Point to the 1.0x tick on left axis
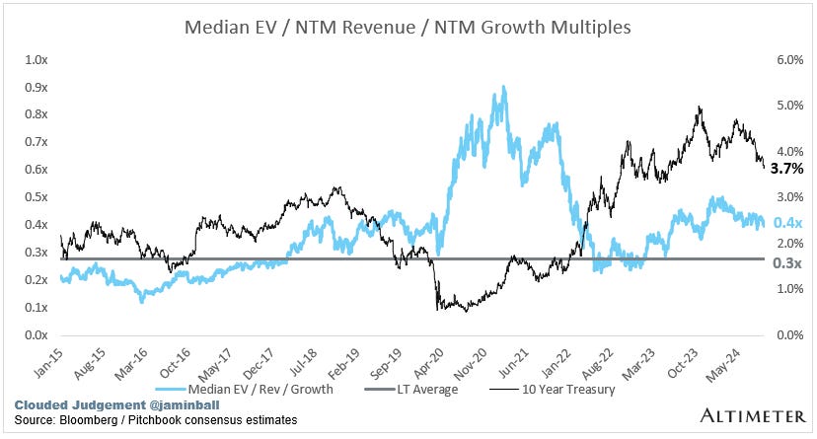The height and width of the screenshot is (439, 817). [37, 60]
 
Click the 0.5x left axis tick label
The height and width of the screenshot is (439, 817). [37, 197]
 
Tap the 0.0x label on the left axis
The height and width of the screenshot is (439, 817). [37, 335]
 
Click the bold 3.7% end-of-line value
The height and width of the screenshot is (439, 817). [785, 170]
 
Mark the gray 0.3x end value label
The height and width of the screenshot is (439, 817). [785, 263]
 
